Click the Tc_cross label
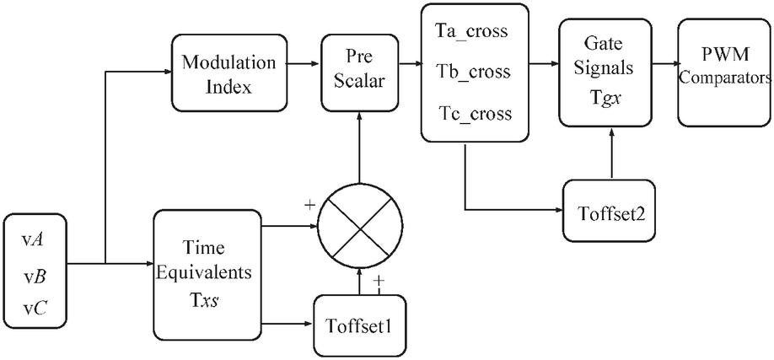point(475,113)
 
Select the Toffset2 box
point(610,210)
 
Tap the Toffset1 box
point(361,324)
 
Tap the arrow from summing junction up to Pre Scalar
point(361,152)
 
